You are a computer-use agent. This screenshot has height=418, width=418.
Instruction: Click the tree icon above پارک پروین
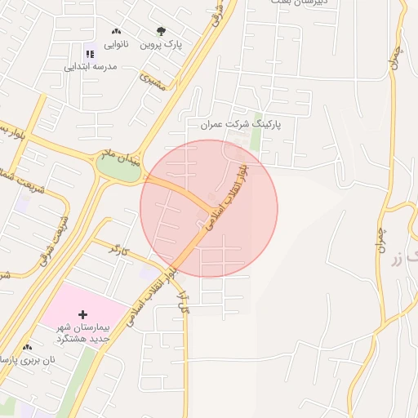point(161,32)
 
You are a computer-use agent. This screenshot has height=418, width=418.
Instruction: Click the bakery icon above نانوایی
point(116,31)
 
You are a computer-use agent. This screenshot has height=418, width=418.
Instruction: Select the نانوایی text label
point(113,43)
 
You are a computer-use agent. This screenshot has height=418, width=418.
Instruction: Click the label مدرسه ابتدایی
point(91,66)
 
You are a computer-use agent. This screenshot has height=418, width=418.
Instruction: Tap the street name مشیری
point(152,82)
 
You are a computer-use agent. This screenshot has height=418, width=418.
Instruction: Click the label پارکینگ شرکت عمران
point(240,125)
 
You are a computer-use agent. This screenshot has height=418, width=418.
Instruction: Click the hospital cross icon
point(82,314)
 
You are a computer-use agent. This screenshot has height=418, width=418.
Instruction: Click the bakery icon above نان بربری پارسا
point(28,347)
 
